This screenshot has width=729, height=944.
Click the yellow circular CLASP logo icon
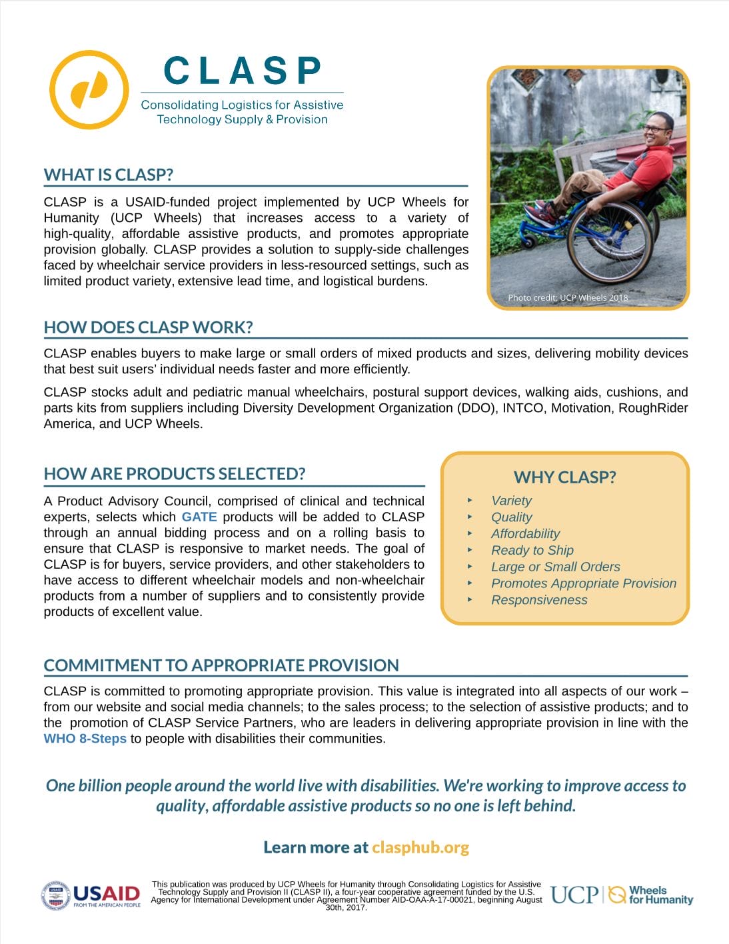point(89,89)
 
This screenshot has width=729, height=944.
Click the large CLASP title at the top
point(242,71)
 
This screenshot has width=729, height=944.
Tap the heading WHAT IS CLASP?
point(108,175)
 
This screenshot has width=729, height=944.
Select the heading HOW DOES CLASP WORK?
point(148,327)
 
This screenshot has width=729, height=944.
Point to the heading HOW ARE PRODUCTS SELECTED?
point(174,474)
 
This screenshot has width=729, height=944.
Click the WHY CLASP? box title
point(564,477)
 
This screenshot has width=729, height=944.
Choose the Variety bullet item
point(511,501)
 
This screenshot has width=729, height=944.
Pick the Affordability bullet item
point(525,533)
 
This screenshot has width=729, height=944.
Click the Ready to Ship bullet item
point(532,550)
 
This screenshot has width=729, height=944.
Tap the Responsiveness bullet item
point(539,600)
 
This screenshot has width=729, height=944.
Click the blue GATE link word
point(199,517)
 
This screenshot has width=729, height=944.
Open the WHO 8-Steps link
point(85,739)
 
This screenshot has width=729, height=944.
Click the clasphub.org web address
point(420,847)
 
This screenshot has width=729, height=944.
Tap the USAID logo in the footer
point(91,895)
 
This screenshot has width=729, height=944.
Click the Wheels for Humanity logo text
point(660,895)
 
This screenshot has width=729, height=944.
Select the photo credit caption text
point(568,297)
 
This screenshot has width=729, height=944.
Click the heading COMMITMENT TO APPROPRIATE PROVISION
point(221,665)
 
